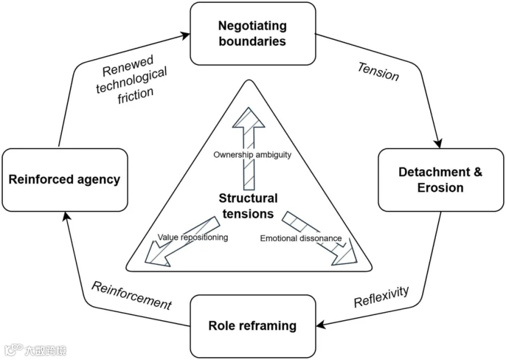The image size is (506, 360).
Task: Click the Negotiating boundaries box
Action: (252, 34)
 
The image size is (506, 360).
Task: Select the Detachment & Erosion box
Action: (440, 180)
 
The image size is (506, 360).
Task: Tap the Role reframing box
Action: (252, 326)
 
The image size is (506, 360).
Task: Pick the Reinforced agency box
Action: (65, 180)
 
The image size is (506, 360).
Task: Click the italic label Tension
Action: (378, 71)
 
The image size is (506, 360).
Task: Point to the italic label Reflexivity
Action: (381, 296)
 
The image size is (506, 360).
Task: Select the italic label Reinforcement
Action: (132, 296)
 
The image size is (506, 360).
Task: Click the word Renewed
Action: (128, 66)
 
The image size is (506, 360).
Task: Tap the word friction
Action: (135, 96)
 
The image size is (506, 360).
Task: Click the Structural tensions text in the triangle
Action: (248, 206)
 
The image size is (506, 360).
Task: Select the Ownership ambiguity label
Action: (252, 155)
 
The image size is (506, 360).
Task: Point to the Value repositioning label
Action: (193, 237)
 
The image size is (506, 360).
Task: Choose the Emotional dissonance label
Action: (301, 238)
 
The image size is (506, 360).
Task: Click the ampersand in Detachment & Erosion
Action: (478, 172)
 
